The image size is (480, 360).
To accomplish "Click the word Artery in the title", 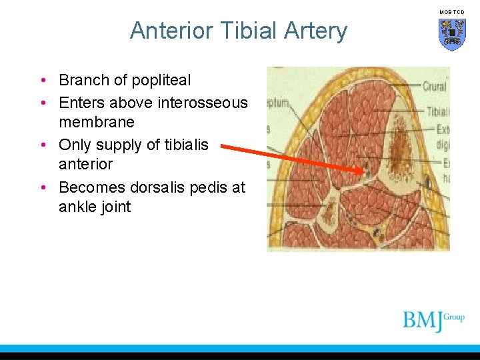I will coord(315,31).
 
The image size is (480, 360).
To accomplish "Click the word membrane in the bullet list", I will coord(97,123).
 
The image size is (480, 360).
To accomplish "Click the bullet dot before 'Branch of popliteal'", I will coord(43,81).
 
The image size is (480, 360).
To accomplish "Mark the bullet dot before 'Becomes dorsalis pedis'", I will coord(43,187).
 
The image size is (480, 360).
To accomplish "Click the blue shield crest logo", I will coord(452,34).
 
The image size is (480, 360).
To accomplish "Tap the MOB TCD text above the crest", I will coord(452,12).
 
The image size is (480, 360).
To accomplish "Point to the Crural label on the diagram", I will coord(434,87).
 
